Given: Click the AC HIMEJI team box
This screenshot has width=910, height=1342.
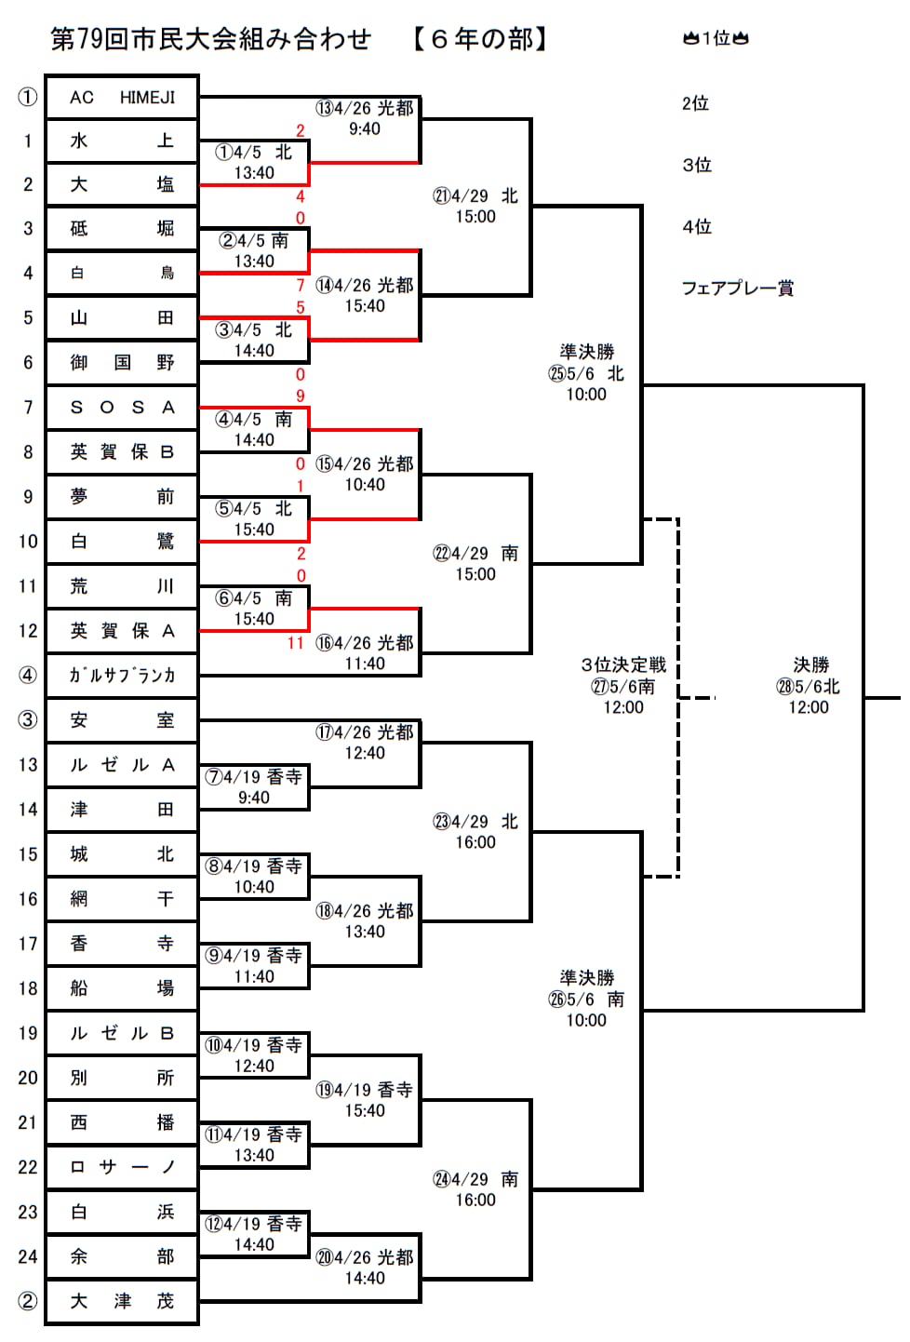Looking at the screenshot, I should pyautogui.click(x=122, y=97).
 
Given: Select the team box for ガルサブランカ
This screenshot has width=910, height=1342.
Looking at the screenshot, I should pyautogui.click(x=122, y=676).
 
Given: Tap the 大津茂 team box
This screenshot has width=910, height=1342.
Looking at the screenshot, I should pyautogui.click(x=122, y=1301).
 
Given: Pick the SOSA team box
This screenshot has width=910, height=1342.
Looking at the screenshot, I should pyautogui.click(x=122, y=408).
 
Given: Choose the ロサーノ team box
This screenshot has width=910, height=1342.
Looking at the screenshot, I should pyautogui.click(x=122, y=1167).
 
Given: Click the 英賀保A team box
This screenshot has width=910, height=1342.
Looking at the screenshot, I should pyautogui.click(x=122, y=631).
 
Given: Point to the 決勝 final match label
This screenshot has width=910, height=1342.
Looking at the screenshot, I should pyautogui.click(x=810, y=664).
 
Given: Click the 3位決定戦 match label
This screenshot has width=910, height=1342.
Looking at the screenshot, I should pyautogui.click(x=623, y=664).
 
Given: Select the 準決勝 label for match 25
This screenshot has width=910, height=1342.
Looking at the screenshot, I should pyautogui.click(x=586, y=352).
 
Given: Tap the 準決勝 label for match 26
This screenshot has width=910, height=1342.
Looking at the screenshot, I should pyautogui.click(x=586, y=977).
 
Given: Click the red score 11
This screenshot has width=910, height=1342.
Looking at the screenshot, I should pyautogui.click(x=296, y=643).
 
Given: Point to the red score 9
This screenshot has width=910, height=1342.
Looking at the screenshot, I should pyautogui.click(x=300, y=396).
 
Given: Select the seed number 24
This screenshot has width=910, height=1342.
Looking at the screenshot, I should pyautogui.click(x=28, y=1256).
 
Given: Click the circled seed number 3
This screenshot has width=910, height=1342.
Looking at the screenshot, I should pyautogui.click(x=28, y=719).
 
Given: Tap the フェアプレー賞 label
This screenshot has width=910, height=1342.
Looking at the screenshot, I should pyautogui.click(x=737, y=289).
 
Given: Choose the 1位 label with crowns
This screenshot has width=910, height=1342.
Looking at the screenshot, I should pyautogui.click(x=716, y=38).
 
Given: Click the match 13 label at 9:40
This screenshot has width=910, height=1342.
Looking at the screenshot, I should pyautogui.click(x=364, y=118).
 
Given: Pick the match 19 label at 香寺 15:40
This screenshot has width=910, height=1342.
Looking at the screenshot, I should pyautogui.click(x=364, y=1099).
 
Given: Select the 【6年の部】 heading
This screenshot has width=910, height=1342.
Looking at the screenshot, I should pyautogui.click(x=480, y=39).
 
